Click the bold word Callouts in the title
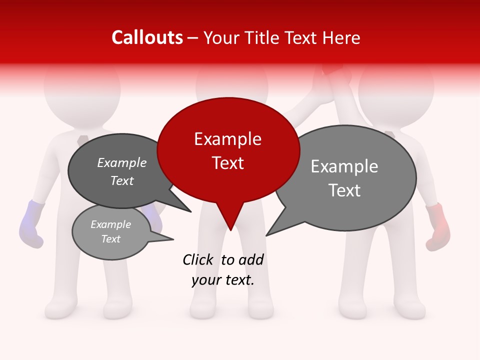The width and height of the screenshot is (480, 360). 147,37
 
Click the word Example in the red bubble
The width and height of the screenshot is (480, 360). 227,139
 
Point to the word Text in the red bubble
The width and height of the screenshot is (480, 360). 227,163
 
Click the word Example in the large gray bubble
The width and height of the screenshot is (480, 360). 344,166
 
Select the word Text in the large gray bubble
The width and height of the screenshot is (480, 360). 344,190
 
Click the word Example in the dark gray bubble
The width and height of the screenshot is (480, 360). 121,163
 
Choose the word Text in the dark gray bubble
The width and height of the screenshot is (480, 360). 121,181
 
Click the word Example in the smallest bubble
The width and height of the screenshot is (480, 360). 110,224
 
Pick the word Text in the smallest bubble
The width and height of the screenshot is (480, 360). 110,239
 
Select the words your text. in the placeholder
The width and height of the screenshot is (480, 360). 222,280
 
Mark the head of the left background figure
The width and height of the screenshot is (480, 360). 81,85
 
